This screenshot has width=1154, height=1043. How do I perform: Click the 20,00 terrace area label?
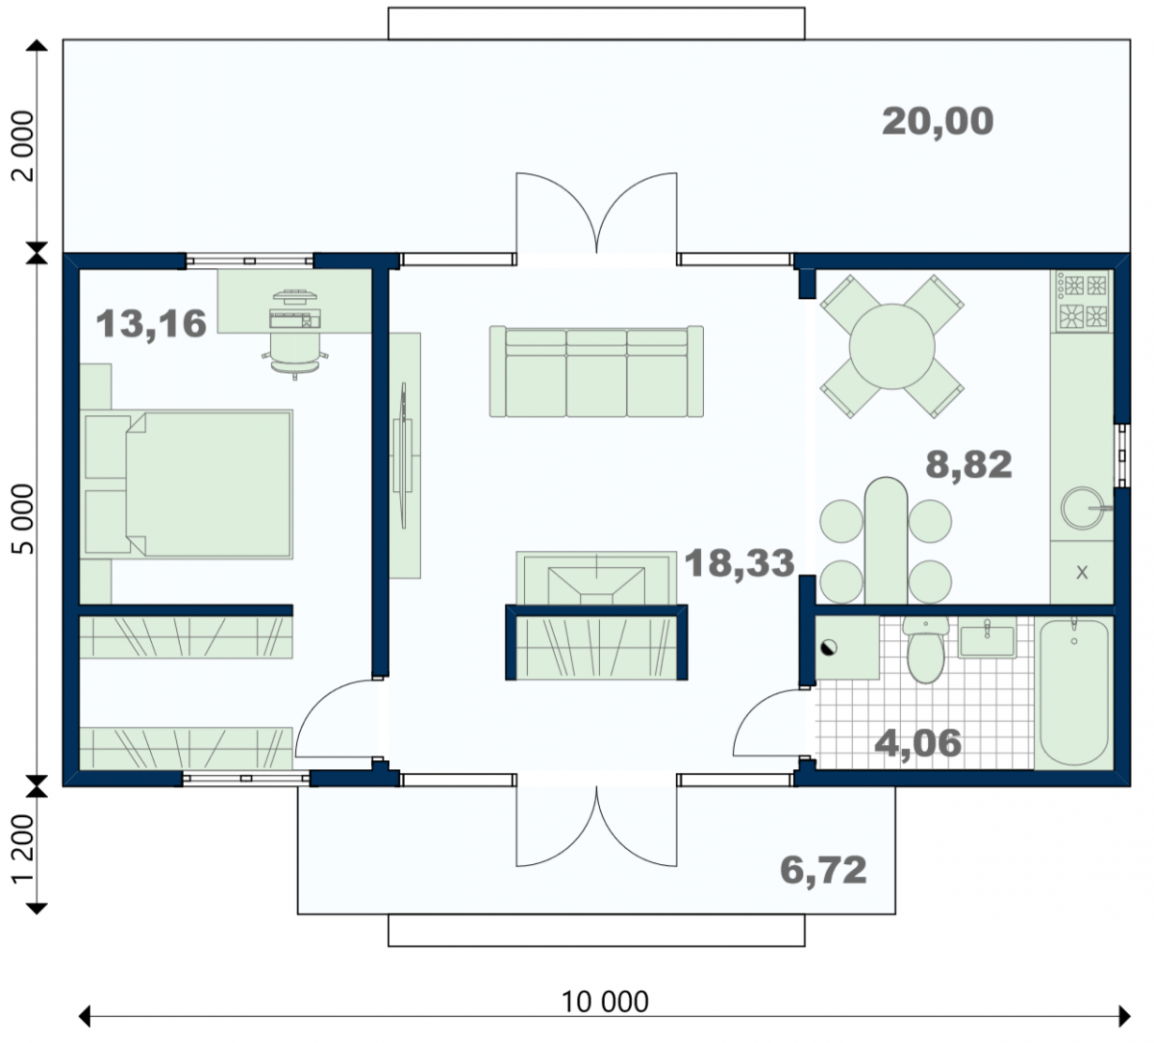pyautogui.click(x=937, y=122)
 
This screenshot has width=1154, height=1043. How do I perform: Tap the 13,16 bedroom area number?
pyautogui.click(x=151, y=324)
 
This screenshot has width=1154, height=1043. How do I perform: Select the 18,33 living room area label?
pyautogui.click(x=740, y=562)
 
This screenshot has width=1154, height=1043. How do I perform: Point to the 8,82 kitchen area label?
pyautogui.click(x=968, y=464)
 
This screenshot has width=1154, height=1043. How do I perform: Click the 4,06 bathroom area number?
pyautogui.click(x=917, y=743)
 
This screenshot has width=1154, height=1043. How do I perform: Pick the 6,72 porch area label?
pyautogui.click(x=823, y=870)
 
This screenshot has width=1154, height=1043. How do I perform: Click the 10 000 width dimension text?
pyautogui.click(x=605, y=1002)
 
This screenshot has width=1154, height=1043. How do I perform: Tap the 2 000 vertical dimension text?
pyautogui.click(x=24, y=145)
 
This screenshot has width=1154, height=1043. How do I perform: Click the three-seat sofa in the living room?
pyautogui.click(x=596, y=372)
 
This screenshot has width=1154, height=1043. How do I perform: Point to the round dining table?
pyautogui.click(x=891, y=346)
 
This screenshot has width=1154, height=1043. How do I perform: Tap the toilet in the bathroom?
pyautogui.click(x=926, y=649)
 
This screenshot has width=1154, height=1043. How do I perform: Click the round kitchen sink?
pyautogui.click(x=1083, y=509)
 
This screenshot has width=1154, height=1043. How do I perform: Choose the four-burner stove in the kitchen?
pyautogui.click(x=1082, y=301)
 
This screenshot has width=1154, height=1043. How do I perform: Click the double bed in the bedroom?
pyautogui.click(x=187, y=484)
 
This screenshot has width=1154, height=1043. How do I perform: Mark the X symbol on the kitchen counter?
pyautogui.click(x=1082, y=572)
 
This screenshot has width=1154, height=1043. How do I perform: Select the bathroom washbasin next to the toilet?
pyautogui.click(x=988, y=637)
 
